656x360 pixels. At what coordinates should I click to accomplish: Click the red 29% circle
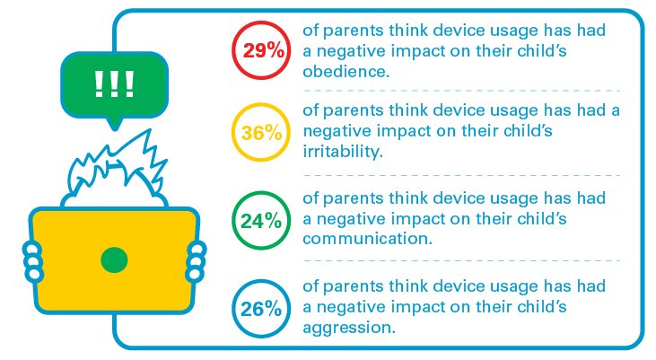tap(233, 50)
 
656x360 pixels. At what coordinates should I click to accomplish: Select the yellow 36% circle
tap(233, 132)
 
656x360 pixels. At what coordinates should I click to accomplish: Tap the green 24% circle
tap(233, 221)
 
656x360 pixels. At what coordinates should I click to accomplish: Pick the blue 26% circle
tap(233, 309)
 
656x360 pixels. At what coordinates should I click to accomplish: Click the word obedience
tap(345, 72)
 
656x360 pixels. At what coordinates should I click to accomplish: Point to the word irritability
tap(343, 151)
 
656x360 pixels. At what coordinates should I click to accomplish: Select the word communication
tap(367, 239)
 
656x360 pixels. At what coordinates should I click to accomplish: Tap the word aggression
tap(348, 328)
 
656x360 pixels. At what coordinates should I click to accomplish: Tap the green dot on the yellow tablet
tap(114, 259)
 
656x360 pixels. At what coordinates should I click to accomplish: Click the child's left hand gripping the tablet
tap(32, 261)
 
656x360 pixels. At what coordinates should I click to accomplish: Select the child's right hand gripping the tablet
tap(196, 261)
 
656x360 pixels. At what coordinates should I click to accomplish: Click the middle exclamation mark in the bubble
tap(114, 83)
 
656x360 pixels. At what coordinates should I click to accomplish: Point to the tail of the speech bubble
tap(114, 124)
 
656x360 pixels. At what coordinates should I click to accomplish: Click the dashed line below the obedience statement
tap(462, 91)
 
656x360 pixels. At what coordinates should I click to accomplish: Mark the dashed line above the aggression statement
tap(462, 260)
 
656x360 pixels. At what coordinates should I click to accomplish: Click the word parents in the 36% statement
tap(354, 111)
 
